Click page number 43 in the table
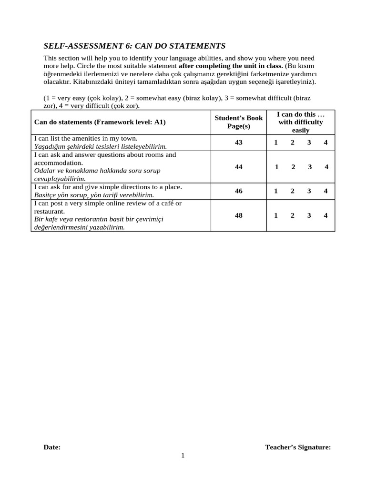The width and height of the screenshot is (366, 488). (239, 142)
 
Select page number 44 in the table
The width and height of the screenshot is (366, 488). (239, 167)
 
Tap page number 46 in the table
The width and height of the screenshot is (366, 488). (239, 191)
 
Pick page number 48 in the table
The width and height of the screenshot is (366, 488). (239, 215)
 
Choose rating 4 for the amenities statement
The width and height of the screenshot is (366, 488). (325, 142)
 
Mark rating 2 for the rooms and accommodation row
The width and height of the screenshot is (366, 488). (293, 167)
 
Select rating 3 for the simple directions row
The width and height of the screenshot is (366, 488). (309, 191)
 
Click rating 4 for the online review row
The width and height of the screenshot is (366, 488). (325, 215)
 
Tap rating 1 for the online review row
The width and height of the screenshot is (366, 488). (276, 215)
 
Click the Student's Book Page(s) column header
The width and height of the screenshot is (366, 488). (239, 122)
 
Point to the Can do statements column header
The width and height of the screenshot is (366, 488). (100, 122)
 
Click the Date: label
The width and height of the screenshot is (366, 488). (52, 447)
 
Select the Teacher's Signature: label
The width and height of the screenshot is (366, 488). (298, 447)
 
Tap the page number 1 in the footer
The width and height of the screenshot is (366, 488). (183, 456)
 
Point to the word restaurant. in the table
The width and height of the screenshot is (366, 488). (50, 211)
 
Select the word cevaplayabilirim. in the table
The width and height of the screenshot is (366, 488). (61, 178)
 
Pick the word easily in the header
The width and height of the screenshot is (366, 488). (301, 130)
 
